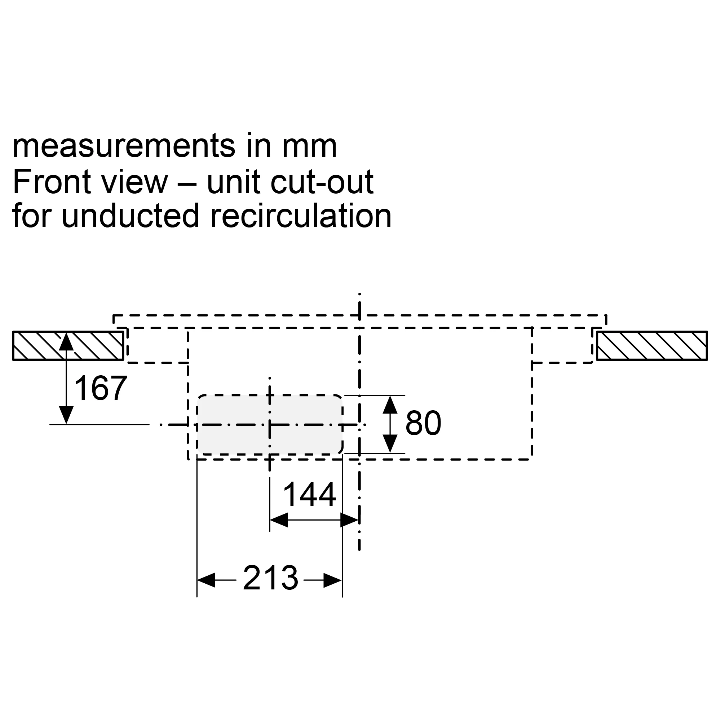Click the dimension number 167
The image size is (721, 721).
click(100, 388)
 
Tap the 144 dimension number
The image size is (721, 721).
click(309, 495)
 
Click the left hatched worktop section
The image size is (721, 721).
click(68, 346)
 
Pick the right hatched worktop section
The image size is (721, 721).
click(651, 346)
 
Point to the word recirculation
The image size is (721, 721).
click(301, 216)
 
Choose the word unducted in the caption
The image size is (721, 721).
click(130, 216)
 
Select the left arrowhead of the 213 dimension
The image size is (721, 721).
click(205, 580)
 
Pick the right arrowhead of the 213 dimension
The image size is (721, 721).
click(333, 580)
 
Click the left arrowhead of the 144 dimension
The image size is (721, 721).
click(278, 520)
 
